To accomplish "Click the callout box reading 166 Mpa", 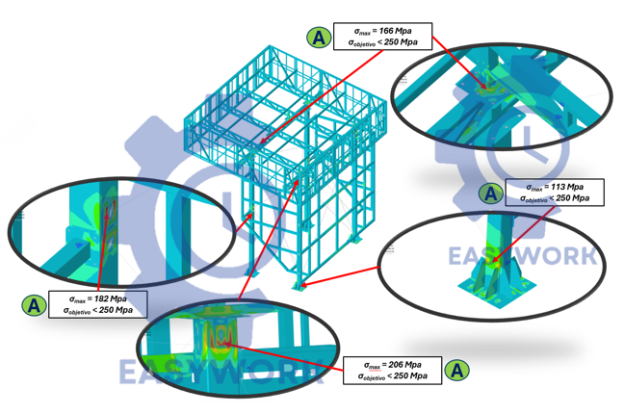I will coord(381,36).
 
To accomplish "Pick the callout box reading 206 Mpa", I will coord(391,370).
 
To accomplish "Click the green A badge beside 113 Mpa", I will coord(491,193).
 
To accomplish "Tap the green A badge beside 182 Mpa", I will coord(34,305).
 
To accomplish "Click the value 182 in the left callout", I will coord(104,298).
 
